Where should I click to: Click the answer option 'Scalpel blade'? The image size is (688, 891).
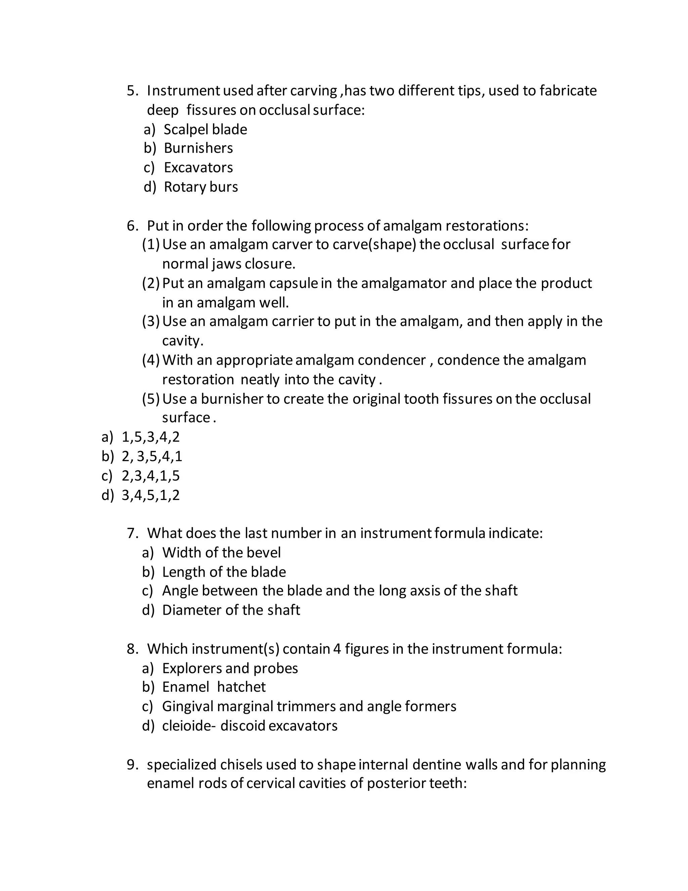205,130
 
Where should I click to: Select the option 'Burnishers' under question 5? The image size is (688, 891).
198,148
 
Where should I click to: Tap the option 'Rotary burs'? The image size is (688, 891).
201,187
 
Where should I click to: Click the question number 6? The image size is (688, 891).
132,226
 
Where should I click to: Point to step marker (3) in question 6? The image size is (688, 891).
151,321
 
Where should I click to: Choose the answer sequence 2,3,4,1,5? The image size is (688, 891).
150,476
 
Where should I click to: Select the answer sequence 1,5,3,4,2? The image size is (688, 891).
150,437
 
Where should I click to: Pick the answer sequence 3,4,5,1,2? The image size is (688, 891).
150,495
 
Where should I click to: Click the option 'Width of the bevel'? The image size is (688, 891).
221,553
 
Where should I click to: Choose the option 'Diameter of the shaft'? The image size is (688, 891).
231,610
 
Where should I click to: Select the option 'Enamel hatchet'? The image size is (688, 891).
214,687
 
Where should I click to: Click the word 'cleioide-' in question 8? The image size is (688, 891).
189,726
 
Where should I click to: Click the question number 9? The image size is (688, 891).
132,765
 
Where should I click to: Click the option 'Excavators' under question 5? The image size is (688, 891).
198,168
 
